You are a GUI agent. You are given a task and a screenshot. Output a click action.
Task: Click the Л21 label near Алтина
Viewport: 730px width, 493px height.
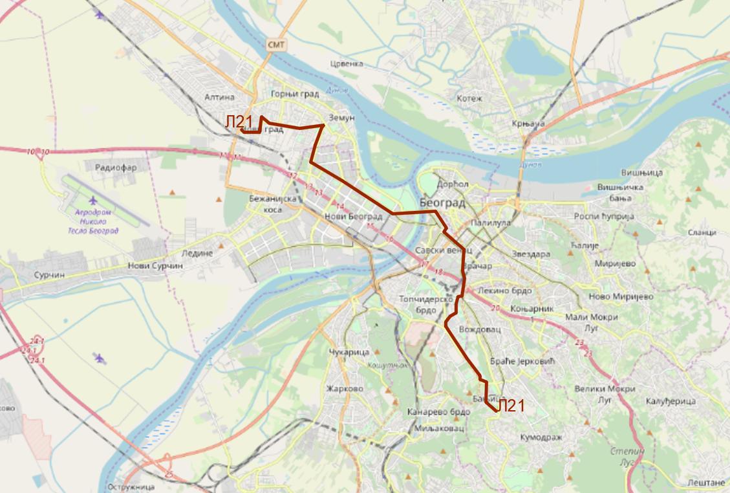[x=239, y=122]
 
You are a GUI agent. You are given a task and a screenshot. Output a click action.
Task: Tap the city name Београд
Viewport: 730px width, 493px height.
[x=442, y=203]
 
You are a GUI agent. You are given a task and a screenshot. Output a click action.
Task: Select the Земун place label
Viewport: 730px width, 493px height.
[x=342, y=118]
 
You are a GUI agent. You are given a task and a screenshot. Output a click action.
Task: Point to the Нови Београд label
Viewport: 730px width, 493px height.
[x=354, y=217]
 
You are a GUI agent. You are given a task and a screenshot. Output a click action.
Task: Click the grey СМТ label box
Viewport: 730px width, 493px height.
[x=276, y=44]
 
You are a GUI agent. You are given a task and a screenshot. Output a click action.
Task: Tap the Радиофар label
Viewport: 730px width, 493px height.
[x=116, y=167]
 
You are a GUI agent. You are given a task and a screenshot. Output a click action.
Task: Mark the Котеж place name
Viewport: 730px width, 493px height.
[x=469, y=98]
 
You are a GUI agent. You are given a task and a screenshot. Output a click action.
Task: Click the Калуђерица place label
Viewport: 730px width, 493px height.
[x=670, y=402]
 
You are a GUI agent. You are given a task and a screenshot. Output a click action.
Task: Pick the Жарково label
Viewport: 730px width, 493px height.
[x=345, y=389]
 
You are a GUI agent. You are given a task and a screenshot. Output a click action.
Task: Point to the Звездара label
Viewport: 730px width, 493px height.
[x=530, y=254]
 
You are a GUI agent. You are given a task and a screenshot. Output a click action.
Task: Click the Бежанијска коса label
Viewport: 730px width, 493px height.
[x=272, y=204]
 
